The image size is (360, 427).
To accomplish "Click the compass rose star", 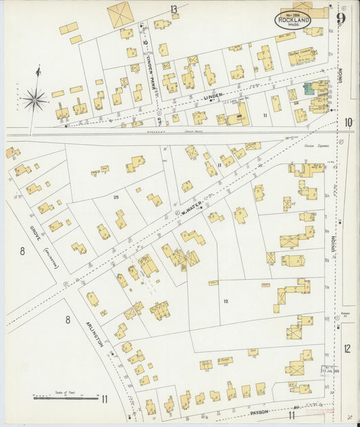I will point(34,100).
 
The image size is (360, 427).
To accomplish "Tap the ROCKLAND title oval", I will point(292,21).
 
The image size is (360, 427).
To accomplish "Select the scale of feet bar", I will point(65,398).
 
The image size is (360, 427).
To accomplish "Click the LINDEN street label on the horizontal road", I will point(213,99).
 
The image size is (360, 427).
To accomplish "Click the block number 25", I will point(116,197).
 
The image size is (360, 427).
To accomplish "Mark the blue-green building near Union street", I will point(308,89).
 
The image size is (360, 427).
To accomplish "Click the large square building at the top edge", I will point(121,14).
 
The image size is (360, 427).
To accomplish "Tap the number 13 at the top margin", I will point(174,9).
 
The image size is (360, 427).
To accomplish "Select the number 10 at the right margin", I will point(348,122).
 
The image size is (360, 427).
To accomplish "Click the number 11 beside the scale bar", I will point(105,399).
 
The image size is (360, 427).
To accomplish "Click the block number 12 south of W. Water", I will point(226,301).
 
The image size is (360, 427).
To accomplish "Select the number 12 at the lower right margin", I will point(347,349).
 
